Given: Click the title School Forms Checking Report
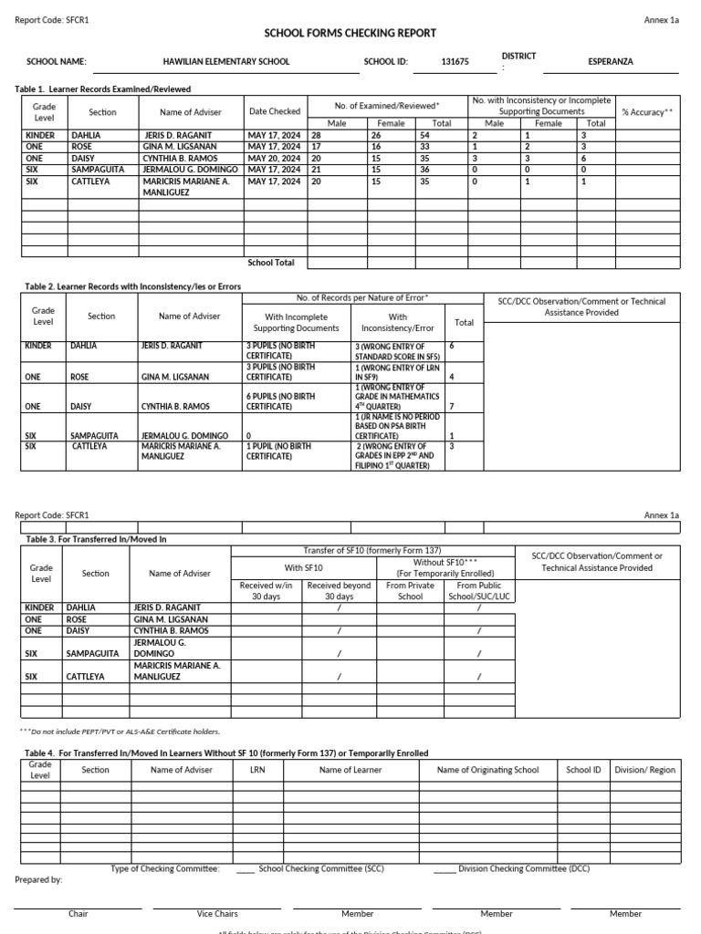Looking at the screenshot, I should [350, 33].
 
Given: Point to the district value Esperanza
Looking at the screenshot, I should [611, 62].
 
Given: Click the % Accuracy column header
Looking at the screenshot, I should [647, 112].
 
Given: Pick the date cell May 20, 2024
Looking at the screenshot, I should [275, 158].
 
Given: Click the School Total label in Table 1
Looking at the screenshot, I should [271, 263].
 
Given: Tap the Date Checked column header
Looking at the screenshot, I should [275, 112].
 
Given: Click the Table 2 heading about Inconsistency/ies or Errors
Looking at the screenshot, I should [129, 286].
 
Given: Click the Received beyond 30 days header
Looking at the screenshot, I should [340, 591].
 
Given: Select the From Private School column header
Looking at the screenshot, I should [411, 591].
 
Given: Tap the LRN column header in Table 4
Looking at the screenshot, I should [257, 770].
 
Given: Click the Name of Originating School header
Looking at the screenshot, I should [488, 770].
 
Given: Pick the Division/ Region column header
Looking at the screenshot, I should [645, 770].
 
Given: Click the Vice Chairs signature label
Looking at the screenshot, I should [217, 913].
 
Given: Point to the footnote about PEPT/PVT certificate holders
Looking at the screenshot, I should [120, 732].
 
